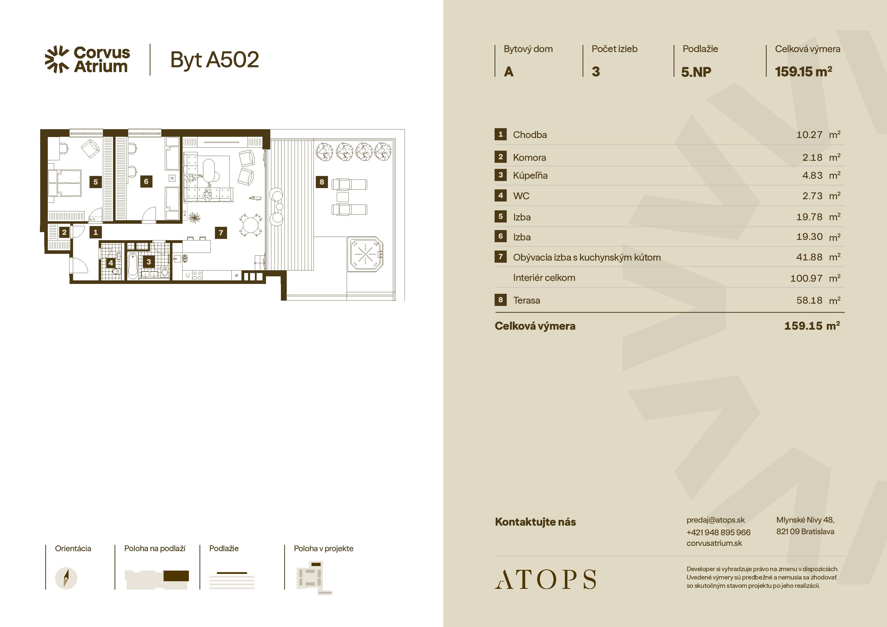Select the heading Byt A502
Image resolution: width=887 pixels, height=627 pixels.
(214, 60)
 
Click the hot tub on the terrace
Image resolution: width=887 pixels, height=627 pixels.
(365, 254)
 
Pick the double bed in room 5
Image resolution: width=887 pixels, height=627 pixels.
(64, 184)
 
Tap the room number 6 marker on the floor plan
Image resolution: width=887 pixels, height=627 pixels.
(146, 181)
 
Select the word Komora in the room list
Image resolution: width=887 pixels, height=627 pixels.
(529, 158)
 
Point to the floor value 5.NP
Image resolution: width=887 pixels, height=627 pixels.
(696, 72)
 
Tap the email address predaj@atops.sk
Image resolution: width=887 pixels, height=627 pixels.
(716, 520)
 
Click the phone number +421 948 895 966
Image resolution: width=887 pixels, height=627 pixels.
(718, 532)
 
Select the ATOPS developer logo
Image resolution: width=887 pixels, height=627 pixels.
(545, 579)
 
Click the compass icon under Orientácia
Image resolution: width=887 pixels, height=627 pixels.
(66, 578)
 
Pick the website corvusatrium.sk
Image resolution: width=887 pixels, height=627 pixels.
(714, 543)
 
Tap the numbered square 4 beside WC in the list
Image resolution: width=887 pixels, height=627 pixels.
(501, 195)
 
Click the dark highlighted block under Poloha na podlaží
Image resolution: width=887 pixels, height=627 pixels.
(176, 576)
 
